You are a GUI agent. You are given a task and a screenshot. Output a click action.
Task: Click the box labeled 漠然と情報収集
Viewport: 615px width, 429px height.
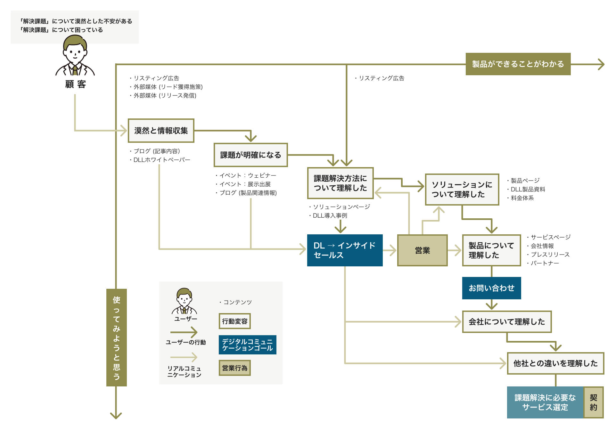161,131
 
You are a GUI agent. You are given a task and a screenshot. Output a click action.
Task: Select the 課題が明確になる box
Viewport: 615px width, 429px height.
250,155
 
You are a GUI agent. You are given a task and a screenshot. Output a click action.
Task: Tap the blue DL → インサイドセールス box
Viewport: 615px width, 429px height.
345,250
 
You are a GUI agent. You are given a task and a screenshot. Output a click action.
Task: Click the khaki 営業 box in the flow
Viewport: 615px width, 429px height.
422,250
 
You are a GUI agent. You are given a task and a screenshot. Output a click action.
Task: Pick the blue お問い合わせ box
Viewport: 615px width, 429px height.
491,288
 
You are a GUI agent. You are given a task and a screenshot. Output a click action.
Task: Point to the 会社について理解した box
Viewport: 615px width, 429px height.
507,322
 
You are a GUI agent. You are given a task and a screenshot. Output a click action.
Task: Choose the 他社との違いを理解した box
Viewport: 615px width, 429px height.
555,363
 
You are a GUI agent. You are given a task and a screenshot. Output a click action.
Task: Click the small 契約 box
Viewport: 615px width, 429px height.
593,402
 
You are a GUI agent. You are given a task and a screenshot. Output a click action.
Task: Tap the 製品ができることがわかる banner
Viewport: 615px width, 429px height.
518,64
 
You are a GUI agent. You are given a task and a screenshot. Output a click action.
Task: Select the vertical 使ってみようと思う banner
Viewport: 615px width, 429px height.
117,337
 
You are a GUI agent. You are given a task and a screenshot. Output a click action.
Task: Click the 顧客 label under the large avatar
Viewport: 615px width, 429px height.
76,84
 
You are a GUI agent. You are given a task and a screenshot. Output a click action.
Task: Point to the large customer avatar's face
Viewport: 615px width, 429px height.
75,53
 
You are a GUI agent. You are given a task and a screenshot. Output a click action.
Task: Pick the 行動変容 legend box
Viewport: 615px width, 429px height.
234,321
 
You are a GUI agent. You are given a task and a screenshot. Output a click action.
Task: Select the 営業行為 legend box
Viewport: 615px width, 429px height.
234,368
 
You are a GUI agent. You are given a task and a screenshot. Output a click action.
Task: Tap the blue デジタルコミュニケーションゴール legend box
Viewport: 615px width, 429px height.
247,345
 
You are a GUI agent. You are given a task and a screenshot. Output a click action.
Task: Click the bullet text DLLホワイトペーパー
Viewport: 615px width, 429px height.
161,160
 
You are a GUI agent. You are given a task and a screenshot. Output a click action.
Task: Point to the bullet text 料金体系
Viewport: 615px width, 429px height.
522,198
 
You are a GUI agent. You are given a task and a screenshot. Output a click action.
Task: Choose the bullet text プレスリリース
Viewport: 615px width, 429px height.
550,255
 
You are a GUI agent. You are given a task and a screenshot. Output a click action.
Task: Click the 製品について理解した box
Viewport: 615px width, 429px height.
491,250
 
